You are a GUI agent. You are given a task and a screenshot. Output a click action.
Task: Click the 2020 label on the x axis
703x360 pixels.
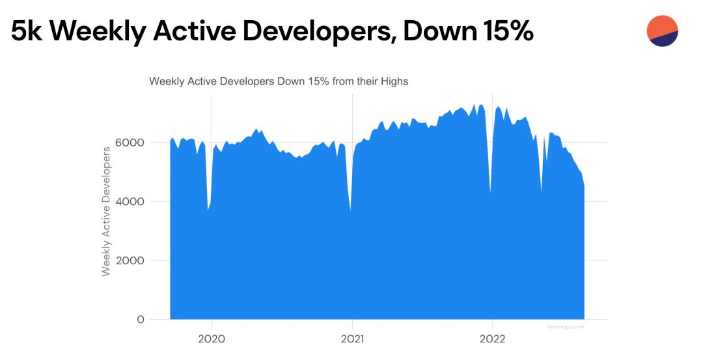pyautogui.click(x=211, y=339)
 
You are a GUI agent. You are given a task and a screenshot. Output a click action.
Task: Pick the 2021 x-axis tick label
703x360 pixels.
pyautogui.click(x=351, y=339)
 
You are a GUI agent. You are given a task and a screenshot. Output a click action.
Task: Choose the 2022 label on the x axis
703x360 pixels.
pyautogui.click(x=492, y=339)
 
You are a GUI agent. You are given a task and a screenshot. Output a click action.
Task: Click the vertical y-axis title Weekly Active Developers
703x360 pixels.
pyautogui.click(x=107, y=211)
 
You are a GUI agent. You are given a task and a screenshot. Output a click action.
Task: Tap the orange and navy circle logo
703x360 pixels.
pyautogui.click(x=663, y=31)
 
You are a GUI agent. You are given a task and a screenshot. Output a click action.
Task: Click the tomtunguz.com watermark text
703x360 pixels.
pyautogui.click(x=565, y=327)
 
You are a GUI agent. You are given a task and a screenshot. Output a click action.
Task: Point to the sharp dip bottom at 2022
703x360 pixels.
pyautogui.click(x=490, y=193)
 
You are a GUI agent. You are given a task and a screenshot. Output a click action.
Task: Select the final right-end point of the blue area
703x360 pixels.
pyautogui.click(x=584, y=187)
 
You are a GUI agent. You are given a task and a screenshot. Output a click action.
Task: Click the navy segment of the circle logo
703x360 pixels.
pyautogui.click(x=665, y=40)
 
